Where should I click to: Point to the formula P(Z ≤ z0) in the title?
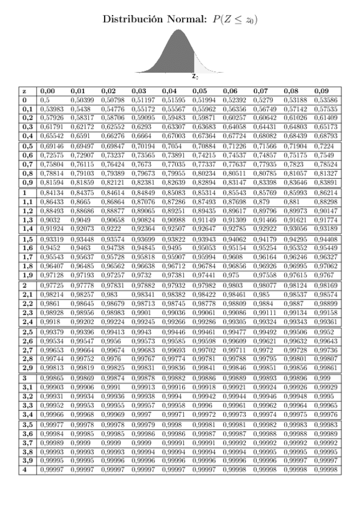pyautogui.click(x=231, y=20)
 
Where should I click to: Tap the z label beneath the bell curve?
pyautogui.click(x=195, y=77)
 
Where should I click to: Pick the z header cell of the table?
pyautogui.click(x=23, y=91)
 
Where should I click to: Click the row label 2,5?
pyautogui.click(x=26, y=332)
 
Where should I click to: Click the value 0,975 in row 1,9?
pyautogui.click(x=230, y=274)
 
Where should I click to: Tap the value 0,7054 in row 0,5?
pyautogui.click(x=172, y=147)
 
